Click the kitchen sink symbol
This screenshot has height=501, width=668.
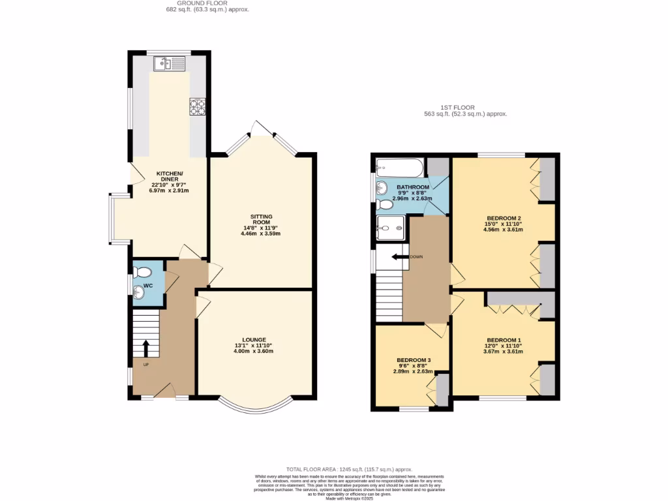(x=170, y=63)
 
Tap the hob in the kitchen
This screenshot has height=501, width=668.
(x=197, y=106)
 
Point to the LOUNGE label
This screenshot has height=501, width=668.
(x=254, y=339)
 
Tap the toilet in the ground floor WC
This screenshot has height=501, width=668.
(x=142, y=271)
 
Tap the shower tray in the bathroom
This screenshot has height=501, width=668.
(x=391, y=228)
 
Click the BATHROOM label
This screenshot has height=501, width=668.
(x=413, y=187)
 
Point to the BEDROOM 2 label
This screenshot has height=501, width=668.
(x=503, y=218)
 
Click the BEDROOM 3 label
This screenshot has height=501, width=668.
(x=414, y=359)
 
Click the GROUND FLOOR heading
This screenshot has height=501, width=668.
(x=207, y=3)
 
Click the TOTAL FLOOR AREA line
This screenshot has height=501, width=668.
(x=350, y=469)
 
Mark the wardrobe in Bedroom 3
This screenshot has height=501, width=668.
(x=442, y=389)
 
